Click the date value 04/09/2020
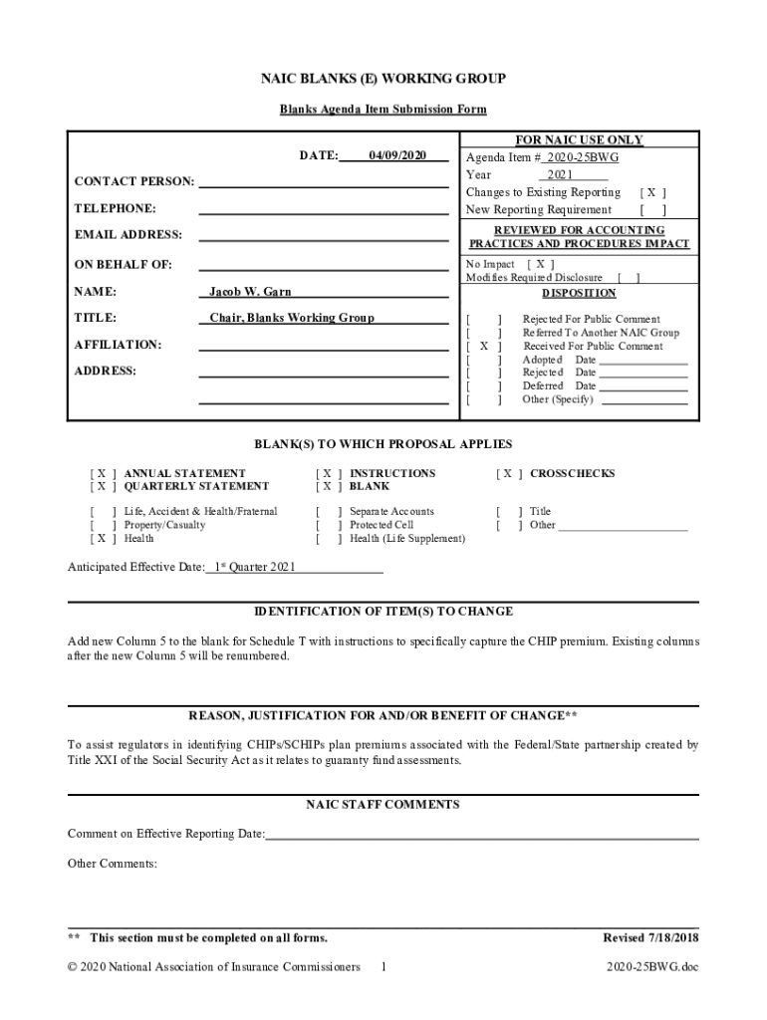click(x=397, y=155)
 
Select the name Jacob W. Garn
click(x=250, y=292)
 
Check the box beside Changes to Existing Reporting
click(x=652, y=192)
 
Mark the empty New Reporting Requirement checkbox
click(x=652, y=210)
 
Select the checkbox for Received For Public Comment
click(x=483, y=346)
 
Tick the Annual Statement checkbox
click(x=103, y=473)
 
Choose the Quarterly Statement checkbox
click(x=103, y=486)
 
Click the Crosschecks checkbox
click(x=508, y=473)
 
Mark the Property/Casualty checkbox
click(x=103, y=525)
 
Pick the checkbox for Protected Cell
click(x=328, y=525)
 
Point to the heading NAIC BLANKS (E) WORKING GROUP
click(x=383, y=79)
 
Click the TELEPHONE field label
click(x=115, y=208)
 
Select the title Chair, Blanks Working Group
click(x=291, y=318)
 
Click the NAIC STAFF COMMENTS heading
click(x=383, y=804)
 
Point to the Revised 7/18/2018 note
click(x=650, y=937)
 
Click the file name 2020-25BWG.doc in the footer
click(x=652, y=966)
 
